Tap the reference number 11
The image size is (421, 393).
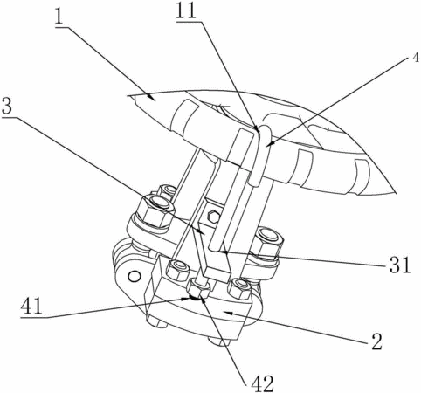(186, 11)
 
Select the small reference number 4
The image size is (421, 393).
(416, 59)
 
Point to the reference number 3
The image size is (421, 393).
(7, 107)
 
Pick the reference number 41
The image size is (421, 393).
(31, 307)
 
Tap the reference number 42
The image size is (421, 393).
(262, 384)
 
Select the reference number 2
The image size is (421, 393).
(376, 341)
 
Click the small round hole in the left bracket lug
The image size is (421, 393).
(135, 276)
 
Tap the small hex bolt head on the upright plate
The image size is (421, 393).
(213, 217)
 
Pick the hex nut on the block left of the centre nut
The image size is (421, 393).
(177, 270)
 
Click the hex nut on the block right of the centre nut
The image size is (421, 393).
(238, 288)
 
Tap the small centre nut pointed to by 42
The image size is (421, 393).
(199, 290)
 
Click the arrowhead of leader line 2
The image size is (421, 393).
(228, 313)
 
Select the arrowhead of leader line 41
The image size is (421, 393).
(184, 299)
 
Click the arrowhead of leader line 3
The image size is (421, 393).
(200, 231)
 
